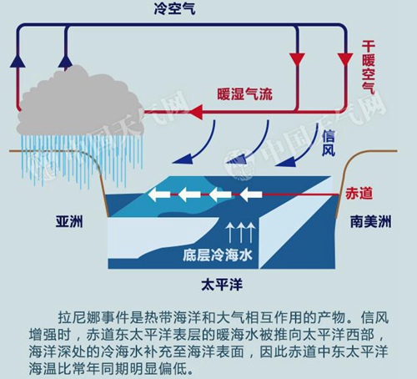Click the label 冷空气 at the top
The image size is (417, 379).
(175, 8)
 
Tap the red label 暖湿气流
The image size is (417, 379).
(244, 94)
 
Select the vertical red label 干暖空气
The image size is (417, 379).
(369, 68)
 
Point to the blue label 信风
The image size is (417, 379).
(329, 144)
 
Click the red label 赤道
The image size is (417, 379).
(359, 194)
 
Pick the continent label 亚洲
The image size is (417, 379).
(69, 222)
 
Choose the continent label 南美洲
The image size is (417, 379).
(370, 222)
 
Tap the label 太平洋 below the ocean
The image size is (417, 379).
(222, 285)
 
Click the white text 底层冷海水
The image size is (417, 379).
(218, 255)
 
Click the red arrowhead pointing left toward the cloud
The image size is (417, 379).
(196, 112)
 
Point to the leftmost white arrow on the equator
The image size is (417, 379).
(158, 194)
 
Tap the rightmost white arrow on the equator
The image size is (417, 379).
(251, 195)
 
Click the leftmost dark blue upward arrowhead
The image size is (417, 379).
(18, 60)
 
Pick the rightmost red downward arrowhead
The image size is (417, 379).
(345, 60)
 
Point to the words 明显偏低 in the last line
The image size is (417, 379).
(158, 368)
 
